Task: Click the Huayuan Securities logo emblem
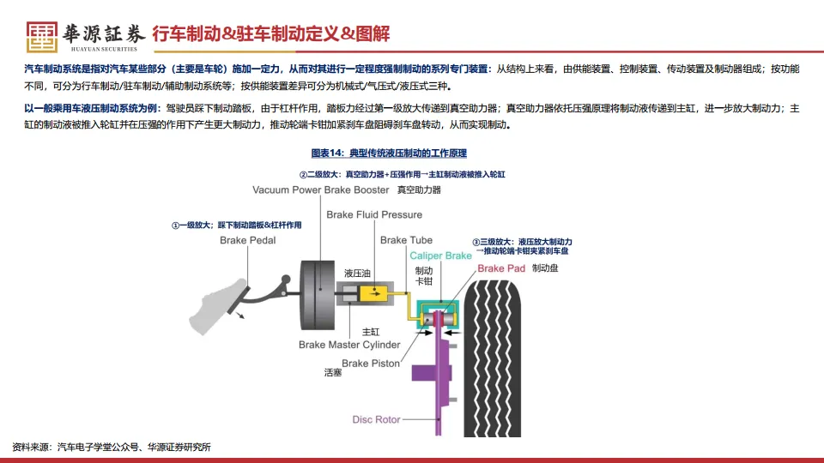point(42,33)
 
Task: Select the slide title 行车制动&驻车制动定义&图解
point(270,34)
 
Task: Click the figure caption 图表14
point(389,153)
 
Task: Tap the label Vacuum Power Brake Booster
point(321,189)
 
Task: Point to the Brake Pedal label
point(248,241)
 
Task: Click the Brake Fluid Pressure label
point(374,214)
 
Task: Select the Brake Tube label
point(406,240)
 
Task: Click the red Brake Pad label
point(501,268)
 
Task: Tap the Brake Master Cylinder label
point(349,345)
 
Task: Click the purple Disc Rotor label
point(376,419)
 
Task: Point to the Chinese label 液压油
point(357,274)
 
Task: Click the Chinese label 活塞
point(333,373)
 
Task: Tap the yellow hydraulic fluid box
point(375,293)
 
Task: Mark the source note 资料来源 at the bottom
point(112,447)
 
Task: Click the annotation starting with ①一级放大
point(236,225)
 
